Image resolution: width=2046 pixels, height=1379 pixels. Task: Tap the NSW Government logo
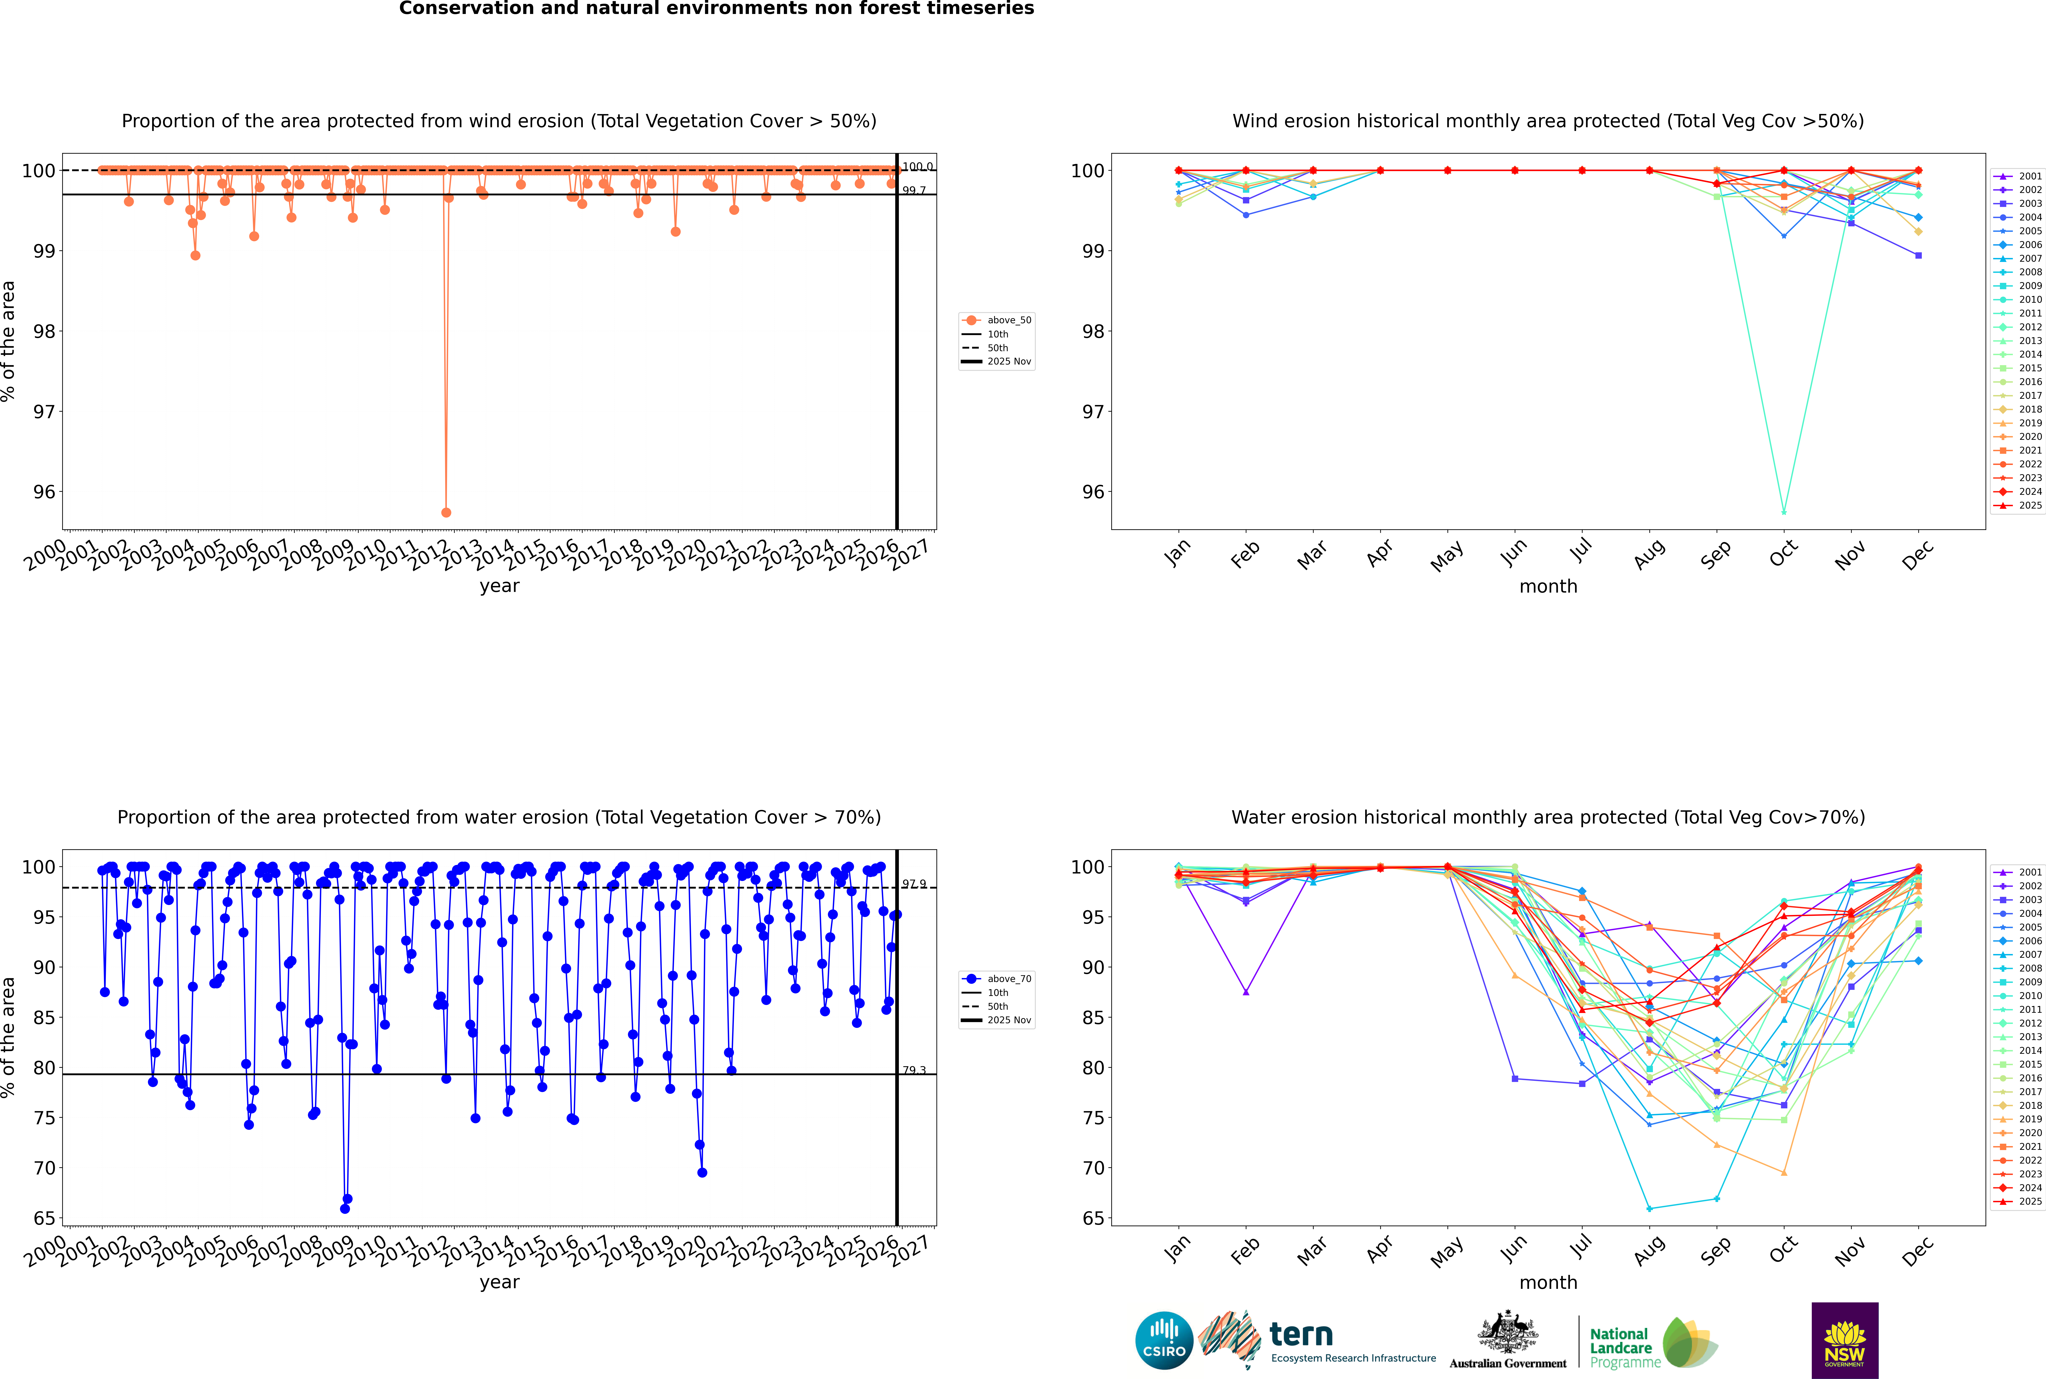1845,1339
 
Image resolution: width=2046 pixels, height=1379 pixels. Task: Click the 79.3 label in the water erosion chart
914,1070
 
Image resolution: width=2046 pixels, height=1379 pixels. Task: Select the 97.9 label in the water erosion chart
914,884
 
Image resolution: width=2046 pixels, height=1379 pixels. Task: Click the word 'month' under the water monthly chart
1548,1282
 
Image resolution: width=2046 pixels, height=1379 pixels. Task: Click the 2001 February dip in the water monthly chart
1246,992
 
